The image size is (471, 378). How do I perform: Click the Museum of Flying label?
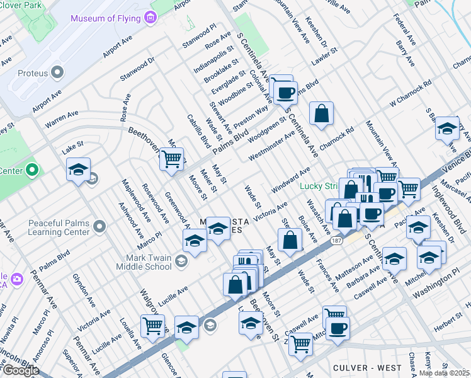[x=105, y=18]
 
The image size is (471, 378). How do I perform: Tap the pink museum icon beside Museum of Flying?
[x=149, y=18]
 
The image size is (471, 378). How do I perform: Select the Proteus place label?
[x=33, y=73]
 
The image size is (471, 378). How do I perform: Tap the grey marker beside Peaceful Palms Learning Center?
[x=99, y=226]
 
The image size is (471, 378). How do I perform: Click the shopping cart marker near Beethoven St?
[x=171, y=158]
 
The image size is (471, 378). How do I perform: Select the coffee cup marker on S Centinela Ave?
[x=285, y=92]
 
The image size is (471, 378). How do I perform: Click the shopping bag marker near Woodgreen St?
[x=321, y=114]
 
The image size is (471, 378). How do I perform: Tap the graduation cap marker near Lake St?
[x=78, y=169]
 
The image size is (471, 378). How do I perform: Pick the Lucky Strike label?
[x=318, y=185]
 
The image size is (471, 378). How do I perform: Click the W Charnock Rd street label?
[x=411, y=92]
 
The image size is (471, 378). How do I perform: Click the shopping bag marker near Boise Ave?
[x=290, y=240]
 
